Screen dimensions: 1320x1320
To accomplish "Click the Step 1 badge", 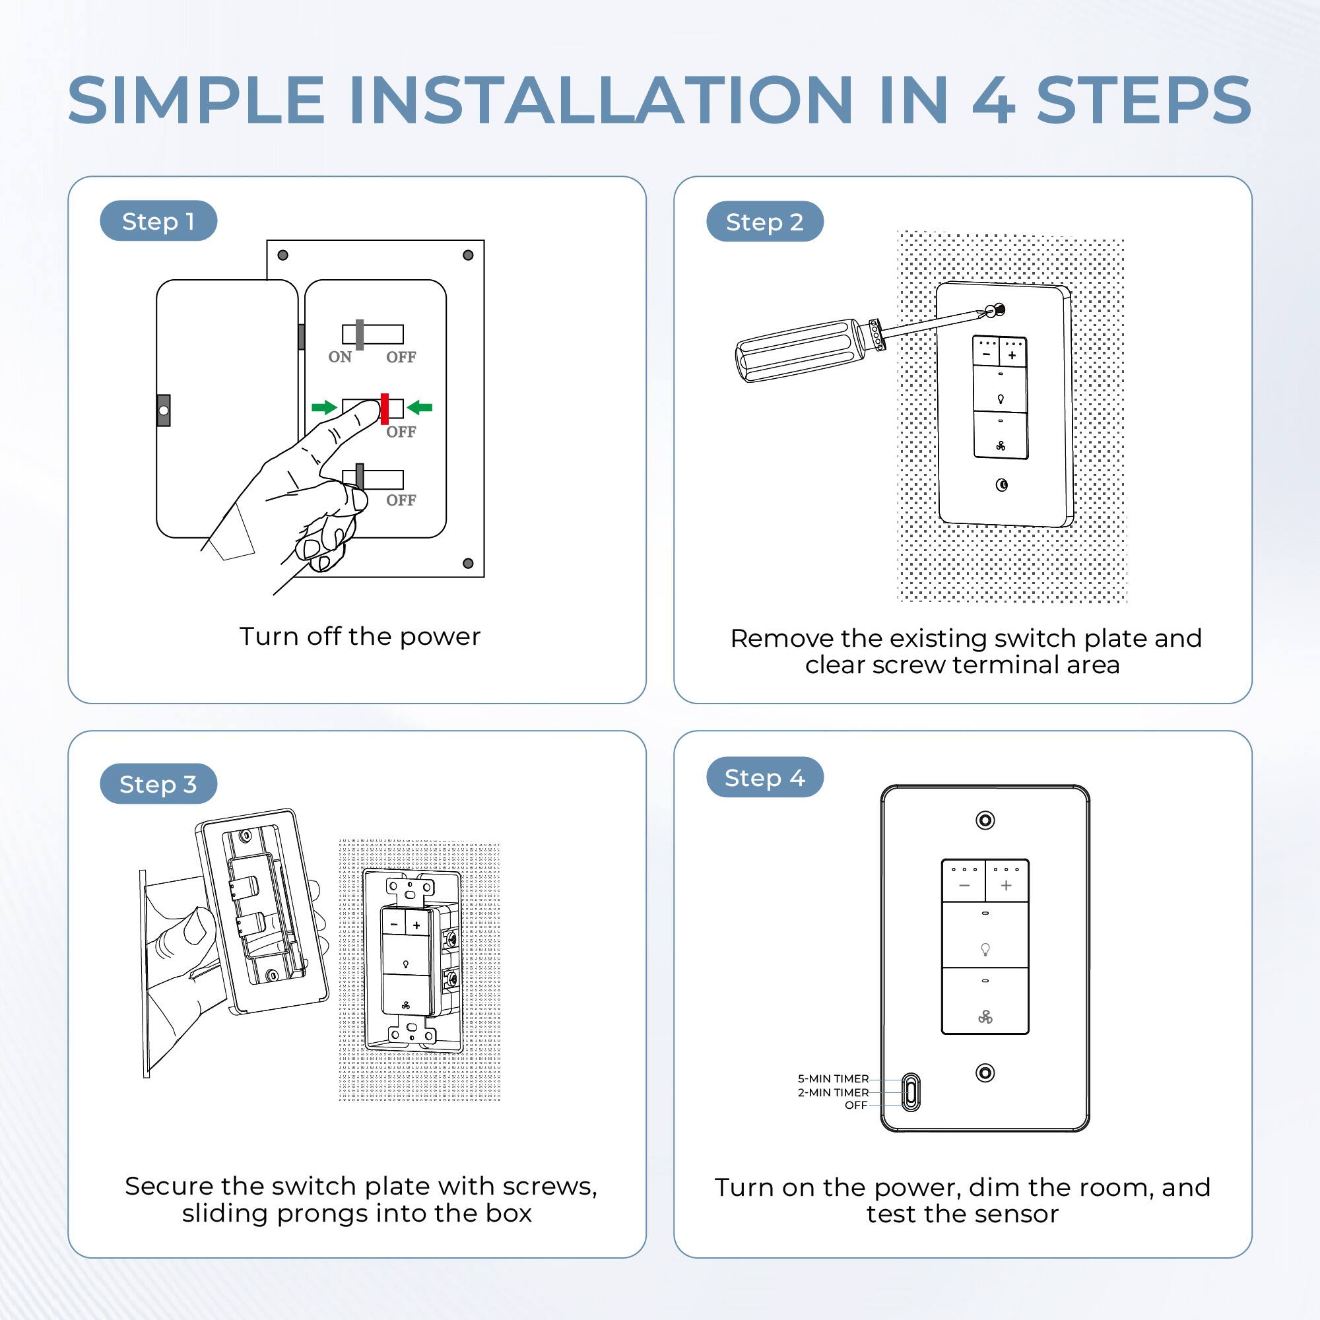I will (158, 220).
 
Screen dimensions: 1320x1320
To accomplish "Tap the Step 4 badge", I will (764, 777).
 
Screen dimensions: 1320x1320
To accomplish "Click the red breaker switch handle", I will (385, 409).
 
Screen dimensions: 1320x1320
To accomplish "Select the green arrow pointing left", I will (420, 408).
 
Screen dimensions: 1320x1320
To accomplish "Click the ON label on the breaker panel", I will (339, 356).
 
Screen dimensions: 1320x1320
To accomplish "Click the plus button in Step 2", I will (1012, 354).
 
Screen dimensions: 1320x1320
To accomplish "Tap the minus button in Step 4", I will (964, 886).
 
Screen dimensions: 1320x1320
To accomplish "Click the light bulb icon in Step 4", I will (985, 948).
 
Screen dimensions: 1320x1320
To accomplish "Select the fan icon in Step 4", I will (985, 1017).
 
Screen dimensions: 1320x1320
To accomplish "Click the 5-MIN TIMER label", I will (833, 1079).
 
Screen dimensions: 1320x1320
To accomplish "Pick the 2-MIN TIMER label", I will (833, 1092).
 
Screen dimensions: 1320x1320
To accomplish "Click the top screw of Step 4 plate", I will (985, 820).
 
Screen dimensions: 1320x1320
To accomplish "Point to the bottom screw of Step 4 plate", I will (985, 1072).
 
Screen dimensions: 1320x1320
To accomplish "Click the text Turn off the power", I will (360, 636).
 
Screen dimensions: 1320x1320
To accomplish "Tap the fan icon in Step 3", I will (405, 1005).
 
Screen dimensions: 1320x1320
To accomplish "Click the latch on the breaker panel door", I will (163, 411).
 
